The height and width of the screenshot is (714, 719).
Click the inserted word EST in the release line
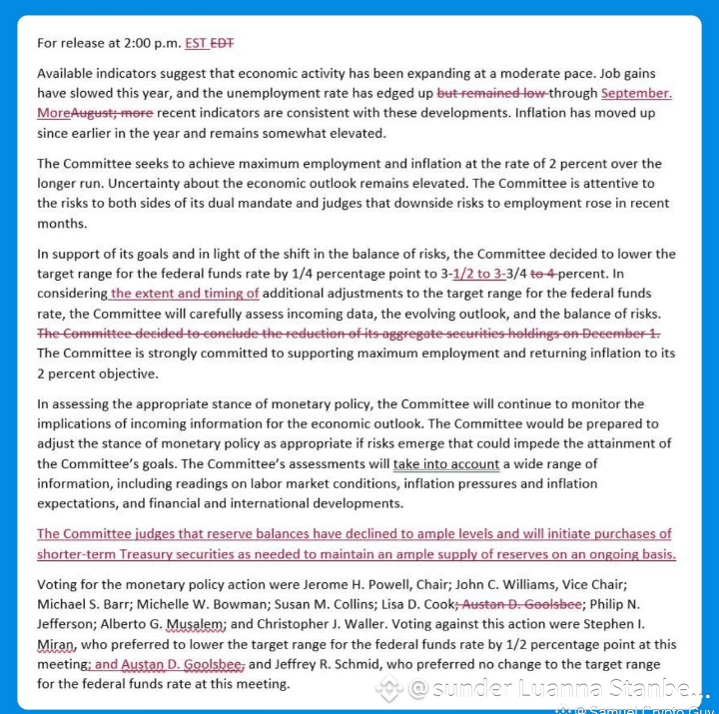196,43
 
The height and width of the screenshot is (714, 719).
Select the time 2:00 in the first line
137,43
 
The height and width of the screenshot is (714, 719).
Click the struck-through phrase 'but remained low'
491,93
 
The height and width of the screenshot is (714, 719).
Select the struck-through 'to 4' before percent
544,274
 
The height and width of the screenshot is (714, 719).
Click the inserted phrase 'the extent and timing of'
185,294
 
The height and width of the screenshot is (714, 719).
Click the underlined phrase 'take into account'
445,464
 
